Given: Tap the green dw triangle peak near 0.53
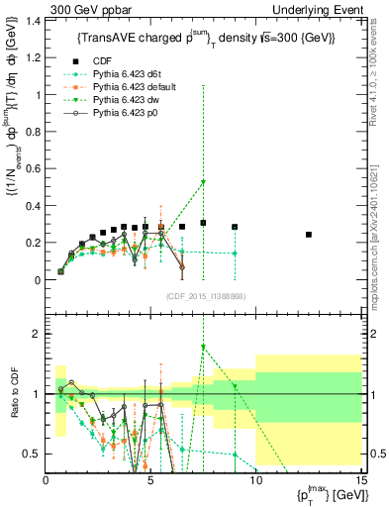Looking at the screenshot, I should [203, 182].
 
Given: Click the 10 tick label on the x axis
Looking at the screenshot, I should [255, 482].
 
